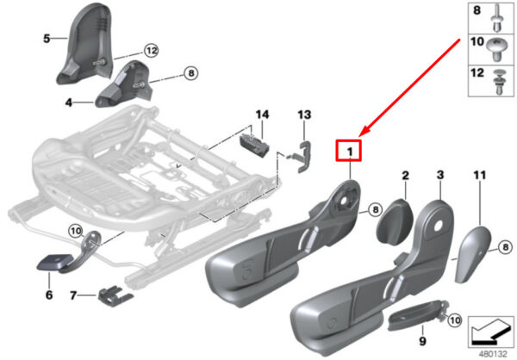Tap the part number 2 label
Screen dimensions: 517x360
click(405, 176)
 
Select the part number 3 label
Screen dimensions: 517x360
click(440, 176)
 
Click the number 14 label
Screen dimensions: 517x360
click(262, 115)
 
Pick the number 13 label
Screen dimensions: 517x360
click(303, 115)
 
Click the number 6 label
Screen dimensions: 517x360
click(49, 295)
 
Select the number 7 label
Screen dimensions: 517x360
click(75, 295)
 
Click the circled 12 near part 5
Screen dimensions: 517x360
click(151, 51)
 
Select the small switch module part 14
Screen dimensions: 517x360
click(253, 146)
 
